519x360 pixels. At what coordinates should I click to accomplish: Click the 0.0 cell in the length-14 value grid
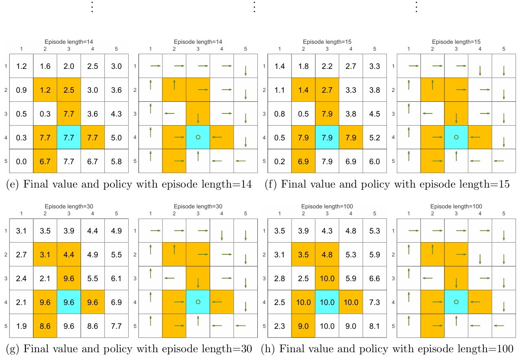click(x=21, y=162)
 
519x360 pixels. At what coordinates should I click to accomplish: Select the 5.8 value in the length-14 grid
click(x=116, y=162)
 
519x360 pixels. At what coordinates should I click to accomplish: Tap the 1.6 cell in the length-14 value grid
click(x=45, y=66)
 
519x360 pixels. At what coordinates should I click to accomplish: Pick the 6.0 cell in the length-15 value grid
click(x=374, y=162)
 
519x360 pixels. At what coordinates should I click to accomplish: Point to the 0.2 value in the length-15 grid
click(x=280, y=162)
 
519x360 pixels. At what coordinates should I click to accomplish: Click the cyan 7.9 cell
click(x=327, y=138)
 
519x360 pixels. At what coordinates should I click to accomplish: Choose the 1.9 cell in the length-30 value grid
click(x=21, y=326)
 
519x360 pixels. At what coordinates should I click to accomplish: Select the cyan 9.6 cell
click(x=69, y=302)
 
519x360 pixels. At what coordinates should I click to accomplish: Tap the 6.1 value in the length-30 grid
click(x=116, y=279)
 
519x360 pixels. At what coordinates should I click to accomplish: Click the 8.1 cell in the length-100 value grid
click(x=374, y=326)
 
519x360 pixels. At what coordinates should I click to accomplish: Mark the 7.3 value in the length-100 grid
click(x=374, y=302)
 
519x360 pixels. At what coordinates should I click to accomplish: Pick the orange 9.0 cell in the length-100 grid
click(x=303, y=326)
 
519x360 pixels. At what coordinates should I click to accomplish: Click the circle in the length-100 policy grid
click(x=456, y=302)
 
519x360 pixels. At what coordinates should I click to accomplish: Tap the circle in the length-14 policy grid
click(x=198, y=137)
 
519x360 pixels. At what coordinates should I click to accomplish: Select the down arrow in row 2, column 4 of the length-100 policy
click(x=480, y=259)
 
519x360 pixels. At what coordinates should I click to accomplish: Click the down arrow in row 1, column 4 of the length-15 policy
click(x=480, y=71)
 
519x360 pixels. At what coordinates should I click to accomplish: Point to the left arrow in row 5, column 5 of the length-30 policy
click(x=240, y=325)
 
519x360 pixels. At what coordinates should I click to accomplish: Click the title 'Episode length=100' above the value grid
click(x=327, y=207)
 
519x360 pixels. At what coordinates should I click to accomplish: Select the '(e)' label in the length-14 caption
click(x=13, y=185)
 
